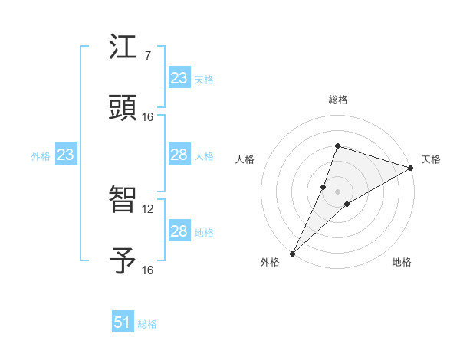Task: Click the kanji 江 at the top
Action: [x=123, y=47]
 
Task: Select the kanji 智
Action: [x=123, y=200]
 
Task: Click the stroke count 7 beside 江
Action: [x=147, y=56]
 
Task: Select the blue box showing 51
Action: [x=123, y=323]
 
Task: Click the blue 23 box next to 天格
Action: [x=179, y=78]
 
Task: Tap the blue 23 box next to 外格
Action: [x=66, y=155]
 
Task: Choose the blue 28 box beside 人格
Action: [x=179, y=155]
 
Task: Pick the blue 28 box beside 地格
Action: [x=179, y=232]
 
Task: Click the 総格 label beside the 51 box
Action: [x=147, y=324]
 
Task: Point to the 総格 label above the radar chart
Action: [x=337, y=100]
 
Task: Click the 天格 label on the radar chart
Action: [x=431, y=159]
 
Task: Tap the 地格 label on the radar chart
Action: [x=402, y=262]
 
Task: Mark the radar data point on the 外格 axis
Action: [x=292, y=253]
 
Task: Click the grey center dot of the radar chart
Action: [x=338, y=191]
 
